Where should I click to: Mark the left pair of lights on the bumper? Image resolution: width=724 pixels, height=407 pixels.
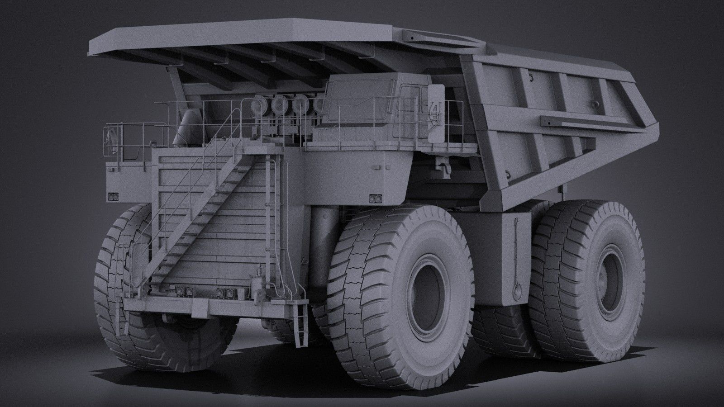tap(179, 290)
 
